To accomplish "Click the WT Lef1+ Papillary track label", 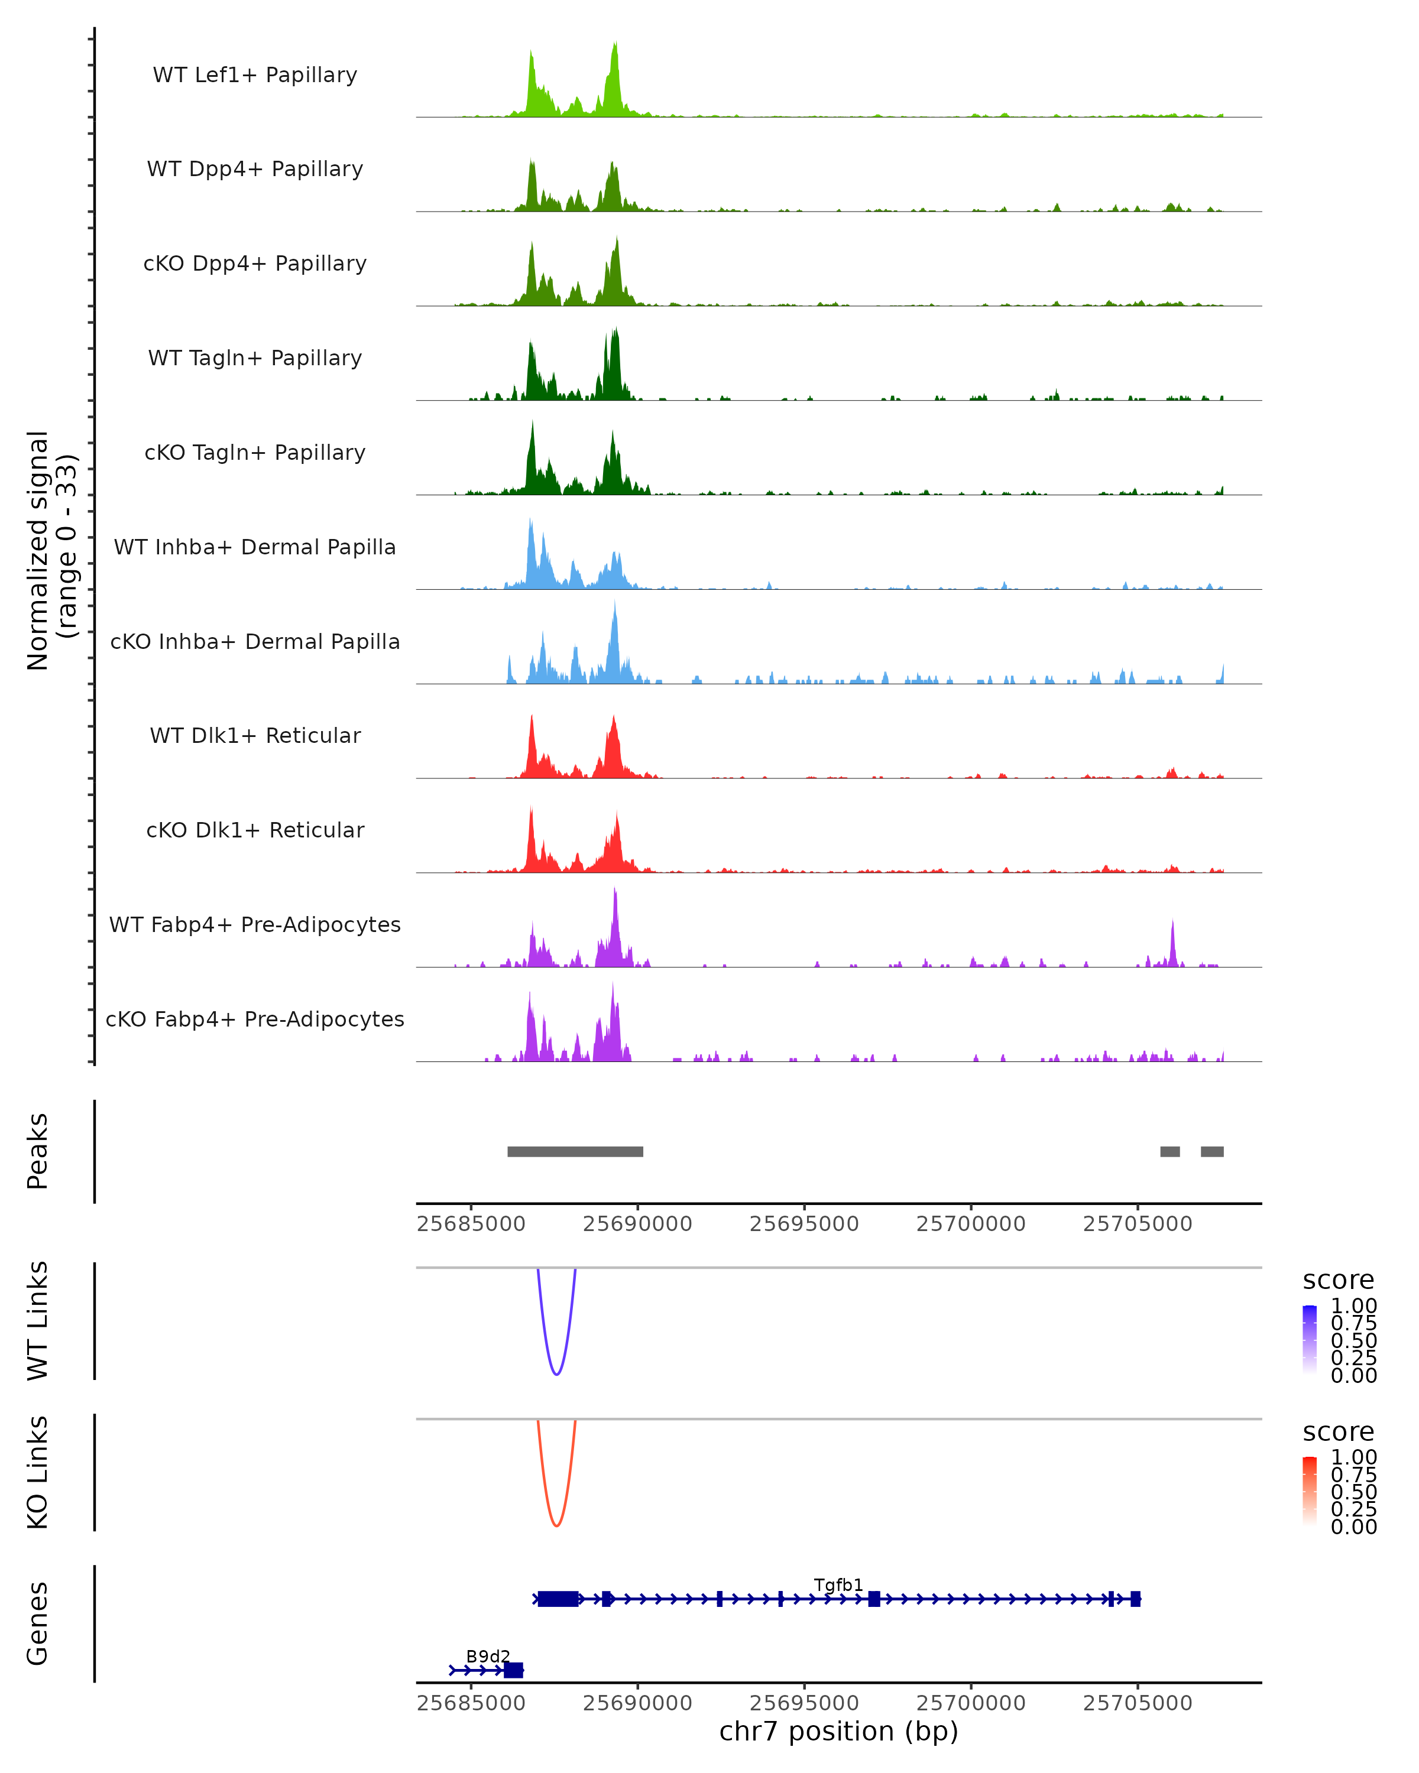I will [x=255, y=75].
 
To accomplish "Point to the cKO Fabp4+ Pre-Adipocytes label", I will [x=255, y=1019].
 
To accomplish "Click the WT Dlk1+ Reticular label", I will [x=255, y=735].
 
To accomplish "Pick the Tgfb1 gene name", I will [x=838, y=1584].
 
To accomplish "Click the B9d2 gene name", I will [x=488, y=1656].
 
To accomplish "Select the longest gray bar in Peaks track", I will [x=575, y=1151].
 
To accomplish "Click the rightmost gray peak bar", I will [x=1211, y=1151].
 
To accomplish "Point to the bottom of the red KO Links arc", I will [x=556, y=1525].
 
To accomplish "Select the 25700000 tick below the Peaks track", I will [x=971, y=1224].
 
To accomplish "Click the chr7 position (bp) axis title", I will [x=838, y=1731].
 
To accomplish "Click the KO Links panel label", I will [x=38, y=1472].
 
